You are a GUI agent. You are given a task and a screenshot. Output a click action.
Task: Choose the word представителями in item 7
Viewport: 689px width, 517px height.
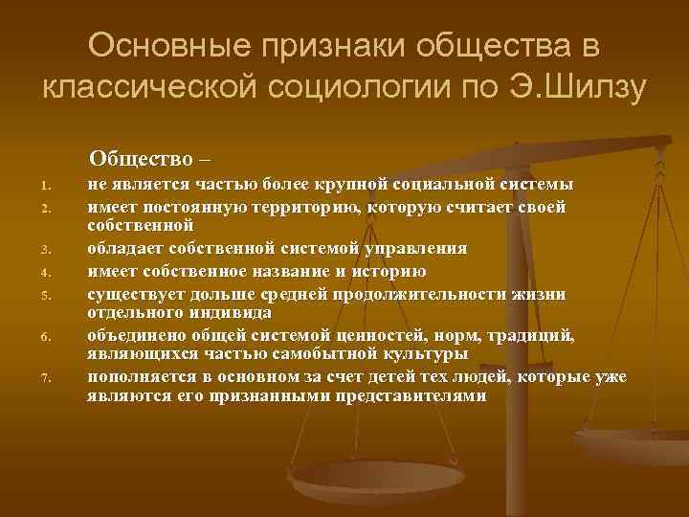tap(411, 395)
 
